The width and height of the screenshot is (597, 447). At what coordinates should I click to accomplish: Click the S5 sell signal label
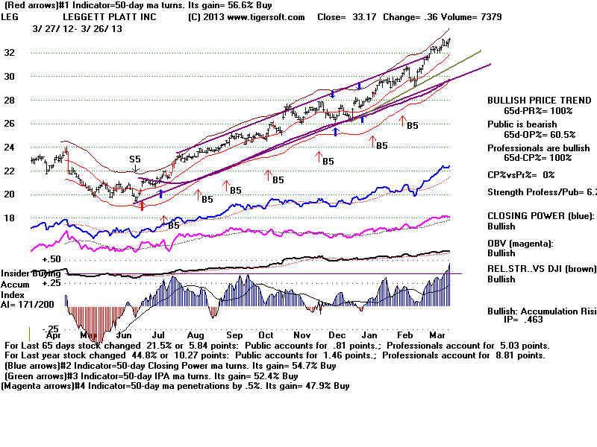(x=135, y=159)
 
